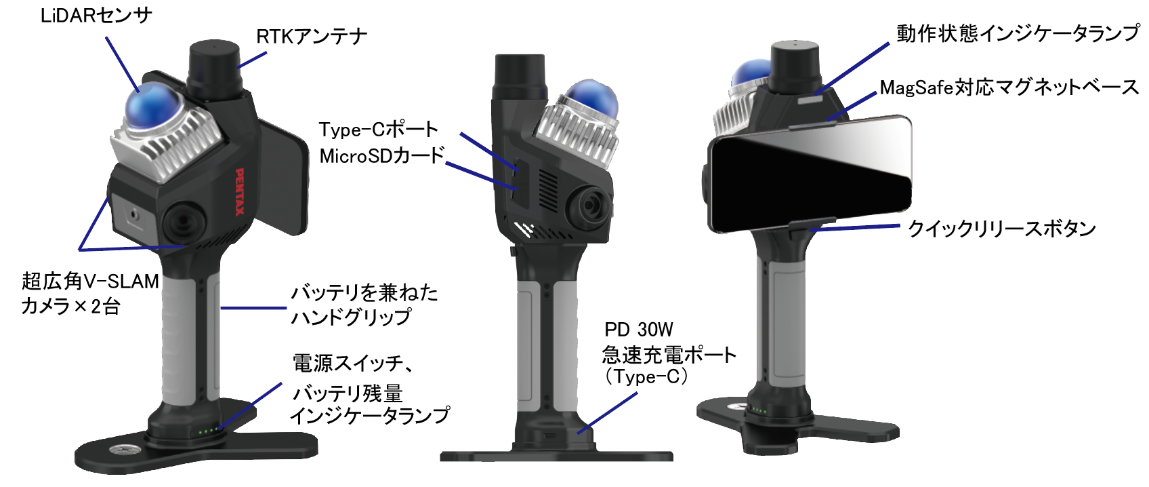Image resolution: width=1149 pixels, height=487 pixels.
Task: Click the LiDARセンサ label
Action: pos(96,16)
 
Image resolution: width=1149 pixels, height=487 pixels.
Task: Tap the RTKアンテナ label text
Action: pos(312,37)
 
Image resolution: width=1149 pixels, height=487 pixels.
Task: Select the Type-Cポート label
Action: pos(378,129)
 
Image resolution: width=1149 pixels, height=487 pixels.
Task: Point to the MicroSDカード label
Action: pos(381,156)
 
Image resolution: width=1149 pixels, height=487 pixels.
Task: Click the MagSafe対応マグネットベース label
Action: pos(1009,87)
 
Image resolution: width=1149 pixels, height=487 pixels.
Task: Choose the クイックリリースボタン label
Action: pos(1001,229)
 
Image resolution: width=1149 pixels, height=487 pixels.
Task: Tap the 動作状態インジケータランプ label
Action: pos(1018,33)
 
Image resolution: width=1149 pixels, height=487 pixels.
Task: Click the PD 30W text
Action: pos(638,330)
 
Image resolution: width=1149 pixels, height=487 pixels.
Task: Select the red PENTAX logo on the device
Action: pos(239,192)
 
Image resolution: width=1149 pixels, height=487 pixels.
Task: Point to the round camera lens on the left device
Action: pos(184,221)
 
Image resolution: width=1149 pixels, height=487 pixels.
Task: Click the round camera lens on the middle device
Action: pos(587,206)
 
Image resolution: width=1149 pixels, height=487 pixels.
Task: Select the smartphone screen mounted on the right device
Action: pos(810,174)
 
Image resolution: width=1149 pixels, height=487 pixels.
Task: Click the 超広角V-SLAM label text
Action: pos(90,281)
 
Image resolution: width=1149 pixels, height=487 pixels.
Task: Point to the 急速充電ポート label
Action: pos(669,354)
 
